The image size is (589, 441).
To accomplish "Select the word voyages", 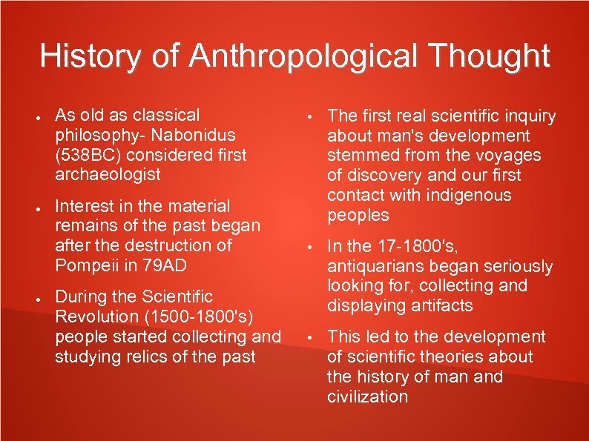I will click(513, 156).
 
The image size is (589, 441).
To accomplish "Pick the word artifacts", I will click(443, 305).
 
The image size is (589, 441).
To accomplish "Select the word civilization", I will click(368, 397).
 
